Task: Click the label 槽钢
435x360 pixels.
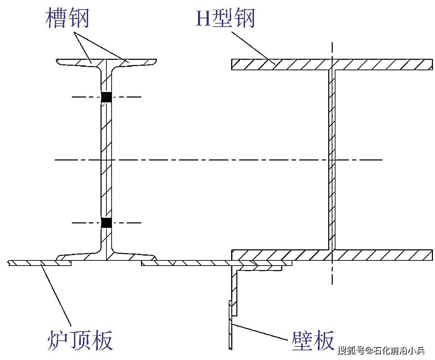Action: (67, 18)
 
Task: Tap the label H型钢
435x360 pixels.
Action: (226, 18)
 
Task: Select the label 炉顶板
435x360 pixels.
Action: (80, 340)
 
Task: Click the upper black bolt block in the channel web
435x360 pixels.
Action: (106, 97)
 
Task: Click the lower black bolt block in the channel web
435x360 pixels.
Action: (106, 223)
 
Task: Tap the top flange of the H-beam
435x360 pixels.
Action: (332, 64)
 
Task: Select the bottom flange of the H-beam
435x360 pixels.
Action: (332, 255)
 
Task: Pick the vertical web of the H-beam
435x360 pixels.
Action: (332, 159)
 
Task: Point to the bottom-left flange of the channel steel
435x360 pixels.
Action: (79, 257)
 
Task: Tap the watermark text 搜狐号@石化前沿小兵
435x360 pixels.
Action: (381, 350)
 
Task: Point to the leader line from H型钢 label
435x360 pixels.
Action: (253, 47)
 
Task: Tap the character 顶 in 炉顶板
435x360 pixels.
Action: (80, 340)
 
